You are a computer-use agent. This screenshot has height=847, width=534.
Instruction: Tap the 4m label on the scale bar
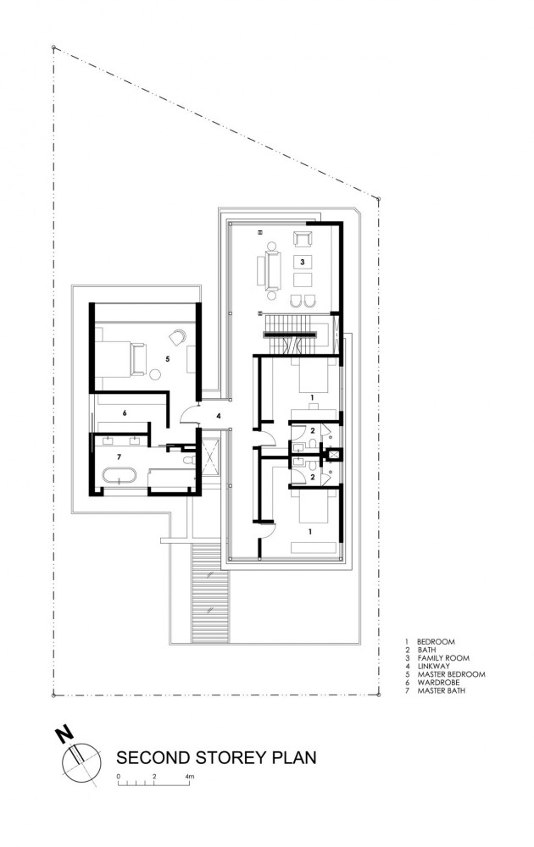189,776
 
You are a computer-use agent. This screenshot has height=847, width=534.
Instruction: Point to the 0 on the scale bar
119,776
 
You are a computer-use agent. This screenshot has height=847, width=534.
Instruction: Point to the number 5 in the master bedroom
168,359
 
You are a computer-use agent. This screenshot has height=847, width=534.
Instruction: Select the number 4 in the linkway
218,416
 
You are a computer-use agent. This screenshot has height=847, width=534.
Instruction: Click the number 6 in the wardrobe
124,413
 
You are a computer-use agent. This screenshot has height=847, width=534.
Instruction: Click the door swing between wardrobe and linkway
186,415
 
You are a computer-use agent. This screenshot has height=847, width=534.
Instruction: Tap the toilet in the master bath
191,458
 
